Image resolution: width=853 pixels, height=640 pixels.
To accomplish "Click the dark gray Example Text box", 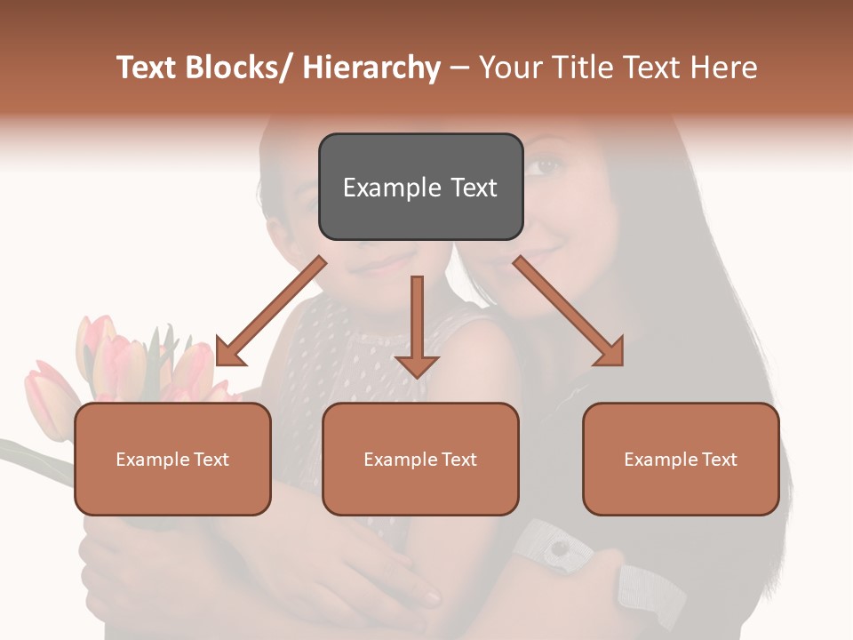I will click(419, 187).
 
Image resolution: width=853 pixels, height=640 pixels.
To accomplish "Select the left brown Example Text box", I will click(172, 459).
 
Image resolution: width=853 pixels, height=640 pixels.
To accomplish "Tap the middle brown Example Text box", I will click(420, 459).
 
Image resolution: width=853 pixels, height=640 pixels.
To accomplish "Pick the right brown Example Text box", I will click(681, 459).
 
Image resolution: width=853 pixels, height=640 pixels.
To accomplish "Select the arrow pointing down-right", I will click(569, 311).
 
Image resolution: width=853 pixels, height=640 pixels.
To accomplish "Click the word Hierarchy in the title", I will click(371, 68).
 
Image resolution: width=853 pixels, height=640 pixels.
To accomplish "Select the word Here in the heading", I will click(721, 68).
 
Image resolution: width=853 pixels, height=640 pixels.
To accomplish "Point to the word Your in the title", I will click(508, 68).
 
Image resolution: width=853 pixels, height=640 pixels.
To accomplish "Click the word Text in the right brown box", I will click(719, 459).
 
